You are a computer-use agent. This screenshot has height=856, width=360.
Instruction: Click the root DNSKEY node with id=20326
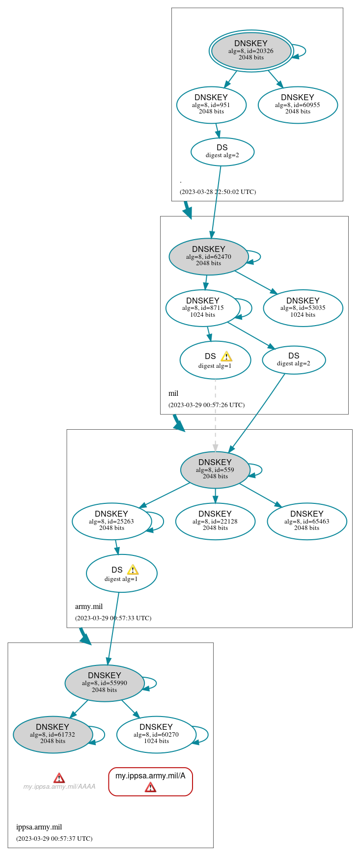[251, 51]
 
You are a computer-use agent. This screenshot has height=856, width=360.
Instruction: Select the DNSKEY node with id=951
[211, 105]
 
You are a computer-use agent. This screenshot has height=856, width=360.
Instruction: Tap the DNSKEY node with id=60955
[298, 105]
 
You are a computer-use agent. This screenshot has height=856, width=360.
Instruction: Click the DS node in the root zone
[222, 152]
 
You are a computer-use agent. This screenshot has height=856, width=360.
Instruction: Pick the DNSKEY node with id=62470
[208, 256]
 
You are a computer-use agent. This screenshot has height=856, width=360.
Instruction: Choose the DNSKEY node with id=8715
[202, 308]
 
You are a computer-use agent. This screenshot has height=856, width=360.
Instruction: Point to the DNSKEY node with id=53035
[303, 308]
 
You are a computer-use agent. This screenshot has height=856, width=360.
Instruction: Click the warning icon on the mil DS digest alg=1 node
[226, 357]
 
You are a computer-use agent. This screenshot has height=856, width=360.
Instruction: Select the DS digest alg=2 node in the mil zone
[294, 360]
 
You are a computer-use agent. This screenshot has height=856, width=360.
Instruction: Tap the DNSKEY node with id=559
[215, 469]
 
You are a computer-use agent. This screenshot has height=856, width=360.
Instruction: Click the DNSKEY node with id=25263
[111, 521]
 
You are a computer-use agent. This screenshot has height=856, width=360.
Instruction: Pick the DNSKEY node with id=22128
[215, 521]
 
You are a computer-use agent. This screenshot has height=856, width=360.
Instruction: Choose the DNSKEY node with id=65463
[306, 521]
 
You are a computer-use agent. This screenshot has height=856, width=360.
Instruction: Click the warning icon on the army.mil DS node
[133, 570]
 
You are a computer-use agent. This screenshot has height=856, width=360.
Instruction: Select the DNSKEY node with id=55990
[104, 683]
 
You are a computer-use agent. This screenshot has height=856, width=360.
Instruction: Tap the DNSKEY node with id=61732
[53, 734]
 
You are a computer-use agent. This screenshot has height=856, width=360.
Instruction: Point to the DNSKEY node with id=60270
[156, 734]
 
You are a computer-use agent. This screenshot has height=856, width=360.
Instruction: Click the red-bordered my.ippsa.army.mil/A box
[150, 781]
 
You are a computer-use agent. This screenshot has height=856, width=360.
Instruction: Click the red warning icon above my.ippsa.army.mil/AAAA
[59, 778]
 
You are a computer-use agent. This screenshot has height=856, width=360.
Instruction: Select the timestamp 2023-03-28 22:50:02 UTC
[218, 192]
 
